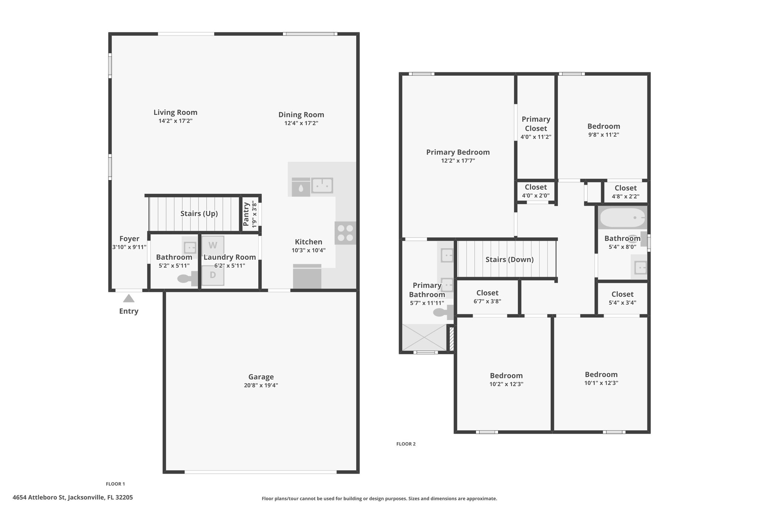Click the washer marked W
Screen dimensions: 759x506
213,245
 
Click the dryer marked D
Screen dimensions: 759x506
213,275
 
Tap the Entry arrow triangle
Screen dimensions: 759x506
129,298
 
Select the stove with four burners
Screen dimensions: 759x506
345,233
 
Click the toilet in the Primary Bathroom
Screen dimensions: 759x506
443,312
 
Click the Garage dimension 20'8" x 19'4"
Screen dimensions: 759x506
261,386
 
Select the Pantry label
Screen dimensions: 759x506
246,214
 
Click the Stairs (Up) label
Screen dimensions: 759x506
199,214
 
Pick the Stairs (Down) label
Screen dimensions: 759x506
510,259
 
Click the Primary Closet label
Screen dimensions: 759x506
536,124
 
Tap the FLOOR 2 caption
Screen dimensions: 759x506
406,444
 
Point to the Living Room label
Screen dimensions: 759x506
175,112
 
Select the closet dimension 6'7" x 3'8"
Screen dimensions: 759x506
487,301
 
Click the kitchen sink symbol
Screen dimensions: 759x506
322,185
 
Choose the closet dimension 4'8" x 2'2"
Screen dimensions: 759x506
626,196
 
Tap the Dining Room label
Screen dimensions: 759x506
301,115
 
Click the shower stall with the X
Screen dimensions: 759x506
424,337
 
